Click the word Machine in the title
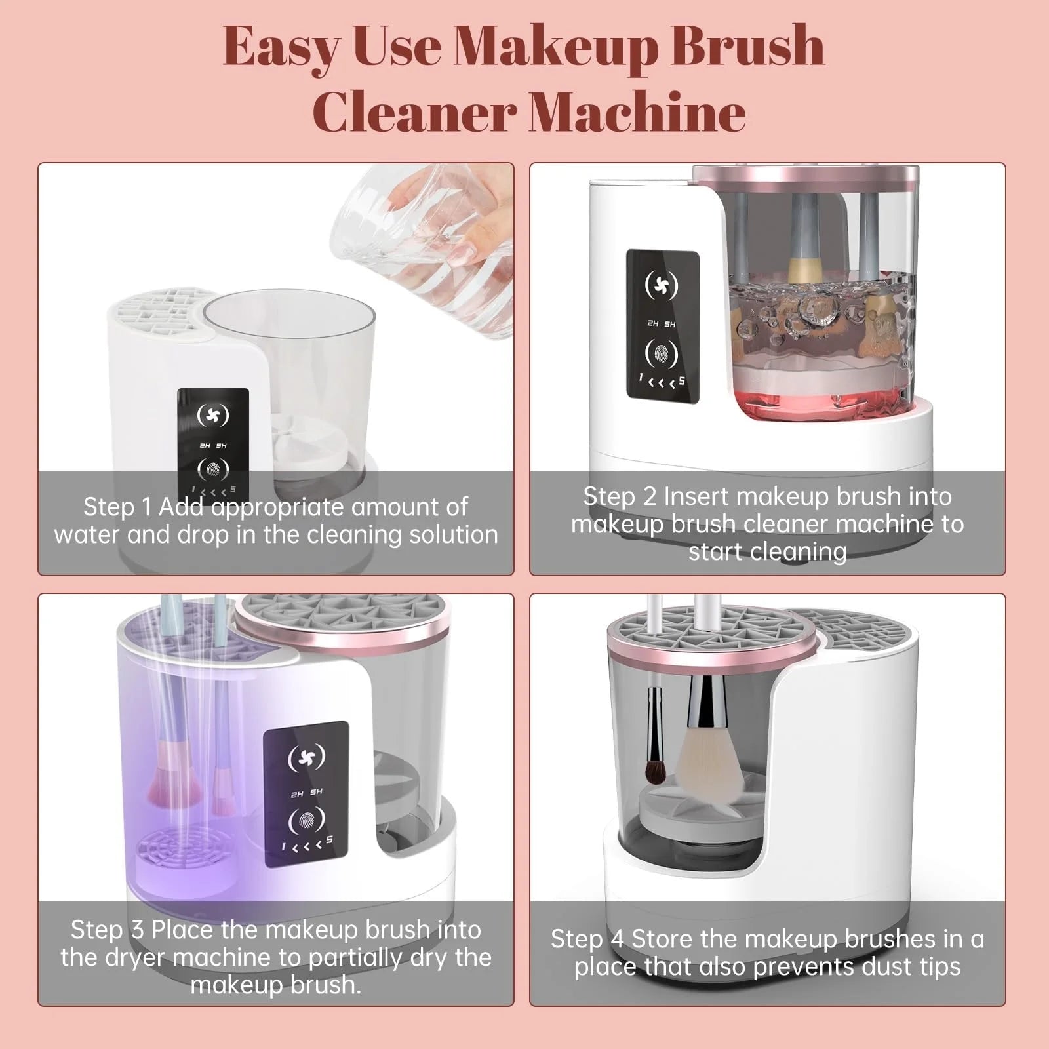pos(637,111)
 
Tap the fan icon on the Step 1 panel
pos(213,414)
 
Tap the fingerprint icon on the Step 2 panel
pos(662,353)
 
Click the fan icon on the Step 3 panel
pos(305,757)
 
